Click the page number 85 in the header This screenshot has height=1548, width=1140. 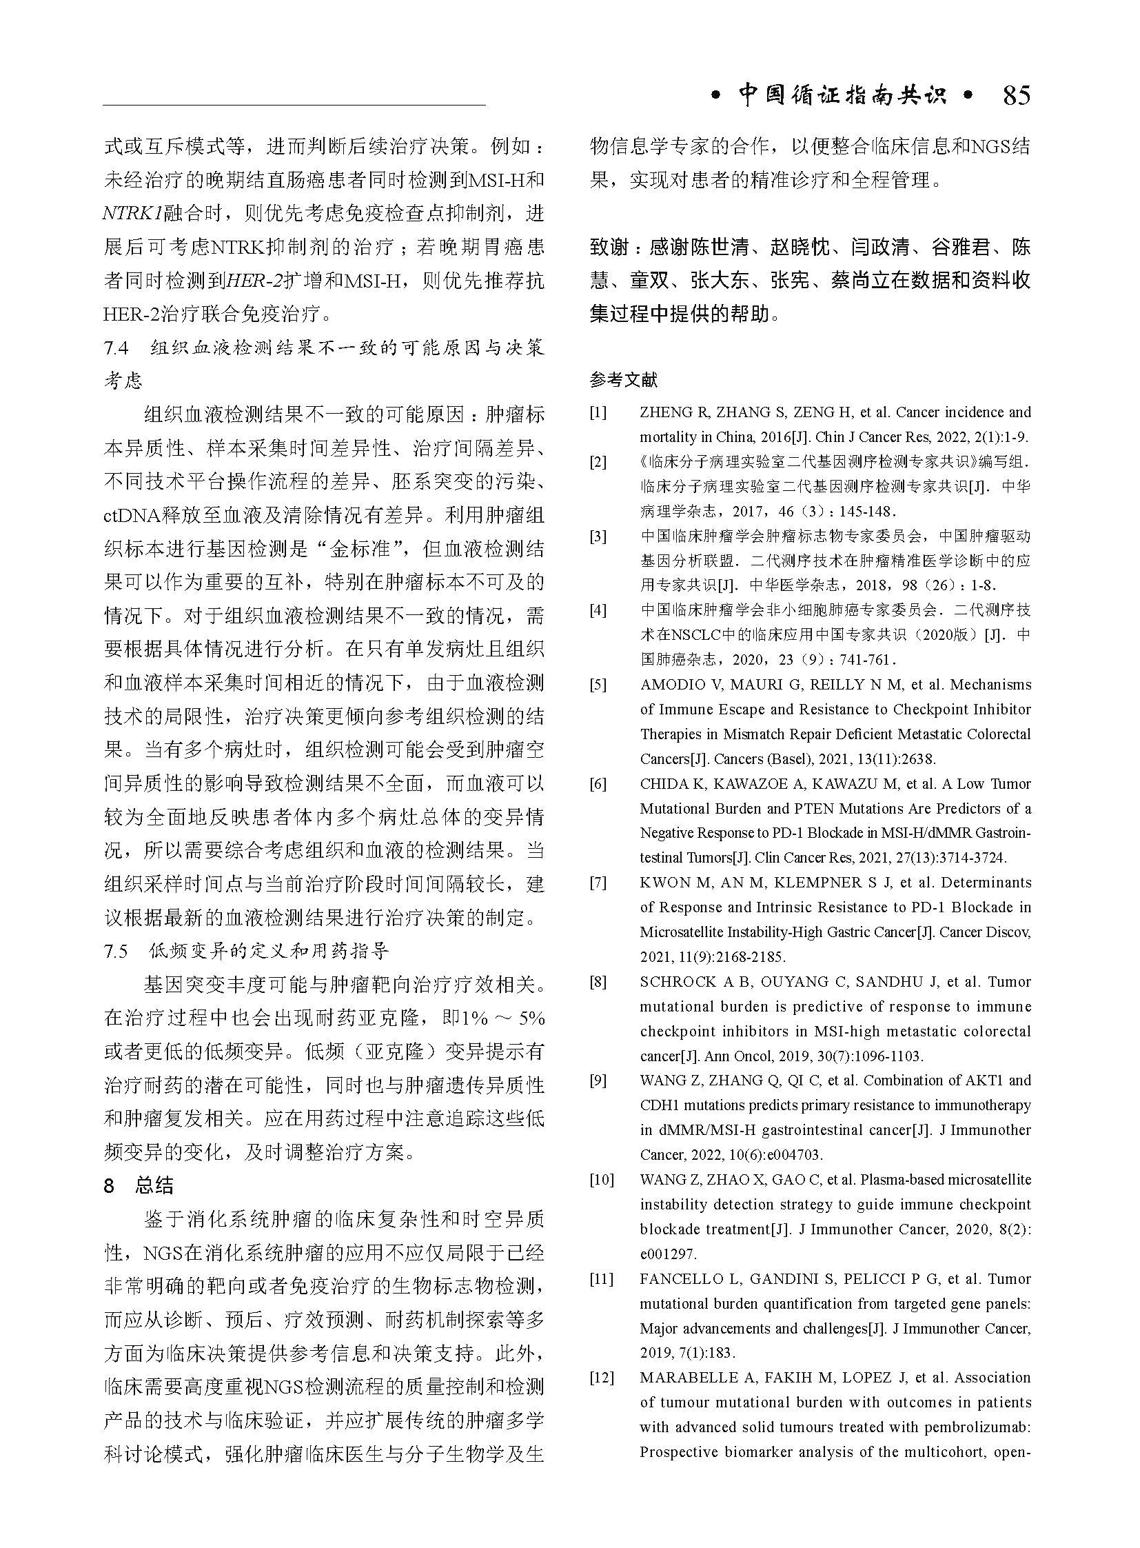[x=1016, y=95]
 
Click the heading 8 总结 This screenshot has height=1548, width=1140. [x=138, y=1185]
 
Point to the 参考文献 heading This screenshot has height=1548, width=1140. [x=624, y=379]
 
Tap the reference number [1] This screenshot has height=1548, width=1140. [x=598, y=413]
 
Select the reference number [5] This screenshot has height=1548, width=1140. [x=598, y=685]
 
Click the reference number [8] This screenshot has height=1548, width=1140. [x=598, y=982]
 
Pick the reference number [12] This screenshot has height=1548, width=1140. [x=601, y=1378]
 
